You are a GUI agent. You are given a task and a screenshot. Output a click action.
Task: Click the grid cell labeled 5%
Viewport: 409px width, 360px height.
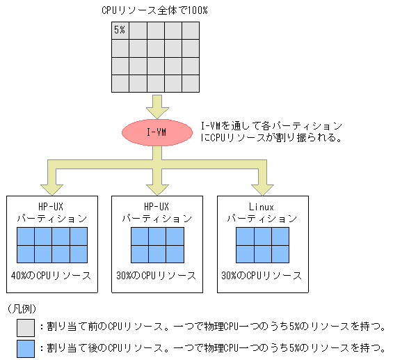click(120, 31)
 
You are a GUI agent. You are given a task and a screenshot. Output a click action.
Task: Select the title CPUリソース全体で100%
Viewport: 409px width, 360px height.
click(154, 10)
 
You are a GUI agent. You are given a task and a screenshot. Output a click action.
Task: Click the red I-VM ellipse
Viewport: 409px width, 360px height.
click(157, 132)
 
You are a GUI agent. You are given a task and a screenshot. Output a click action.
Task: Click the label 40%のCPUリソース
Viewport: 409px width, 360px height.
click(51, 276)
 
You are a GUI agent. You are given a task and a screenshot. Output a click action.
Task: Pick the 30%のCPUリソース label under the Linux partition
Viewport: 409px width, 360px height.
click(262, 276)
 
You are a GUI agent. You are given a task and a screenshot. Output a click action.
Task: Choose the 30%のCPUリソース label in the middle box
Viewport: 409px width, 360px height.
click(157, 276)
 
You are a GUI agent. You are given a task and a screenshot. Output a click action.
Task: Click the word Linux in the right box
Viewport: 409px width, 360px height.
click(262, 207)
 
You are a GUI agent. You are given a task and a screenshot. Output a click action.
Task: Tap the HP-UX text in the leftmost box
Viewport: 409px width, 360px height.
click(51, 207)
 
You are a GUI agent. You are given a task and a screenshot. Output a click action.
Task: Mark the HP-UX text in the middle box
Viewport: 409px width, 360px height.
click(157, 207)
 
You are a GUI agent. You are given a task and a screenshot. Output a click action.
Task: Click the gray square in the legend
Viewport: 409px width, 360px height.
click(26, 326)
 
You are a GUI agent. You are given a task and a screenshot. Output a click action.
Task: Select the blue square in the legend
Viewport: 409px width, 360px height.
click(26, 347)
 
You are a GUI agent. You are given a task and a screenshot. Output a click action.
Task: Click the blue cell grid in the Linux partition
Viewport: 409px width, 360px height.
click(262, 244)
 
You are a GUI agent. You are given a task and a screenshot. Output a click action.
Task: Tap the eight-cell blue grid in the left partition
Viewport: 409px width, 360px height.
click(51, 244)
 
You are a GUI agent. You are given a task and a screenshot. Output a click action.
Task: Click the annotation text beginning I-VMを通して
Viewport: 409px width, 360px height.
click(271, 132)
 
